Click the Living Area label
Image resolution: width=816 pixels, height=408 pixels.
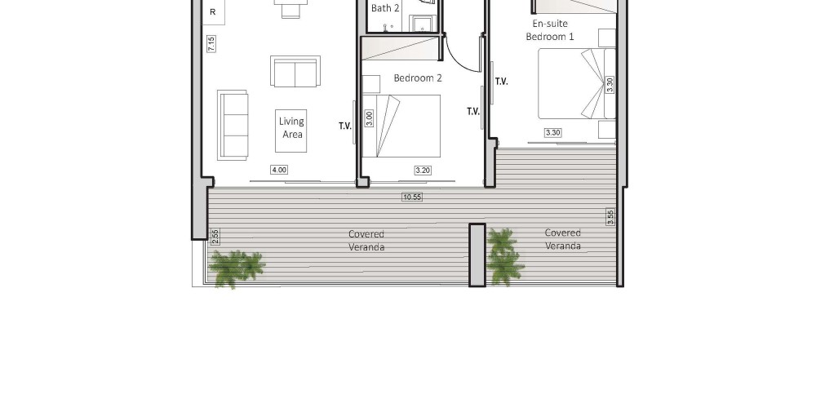click(291, 127)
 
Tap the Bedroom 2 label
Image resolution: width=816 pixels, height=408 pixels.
click(418, 78)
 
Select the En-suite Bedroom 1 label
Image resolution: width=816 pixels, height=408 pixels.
click(550, 30)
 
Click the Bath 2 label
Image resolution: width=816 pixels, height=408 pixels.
click(385, 8)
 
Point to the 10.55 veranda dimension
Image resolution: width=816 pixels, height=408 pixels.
click(411, 197)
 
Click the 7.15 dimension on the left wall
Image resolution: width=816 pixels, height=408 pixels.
click(211, 44)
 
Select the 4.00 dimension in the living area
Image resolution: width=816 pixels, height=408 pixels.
click(279, 170)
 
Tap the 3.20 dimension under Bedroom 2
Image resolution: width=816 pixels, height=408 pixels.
click(423, 170)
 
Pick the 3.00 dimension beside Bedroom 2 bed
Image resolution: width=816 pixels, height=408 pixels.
click(369, 118)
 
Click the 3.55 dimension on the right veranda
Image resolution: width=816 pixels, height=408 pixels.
click(610, 217)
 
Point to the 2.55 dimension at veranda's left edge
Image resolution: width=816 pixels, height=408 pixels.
click(215, 237)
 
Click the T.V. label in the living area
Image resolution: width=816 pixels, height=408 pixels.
click(345, 126)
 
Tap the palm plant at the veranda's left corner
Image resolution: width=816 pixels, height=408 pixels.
click(236, 268)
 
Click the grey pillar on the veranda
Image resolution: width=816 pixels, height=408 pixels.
click(477, 255)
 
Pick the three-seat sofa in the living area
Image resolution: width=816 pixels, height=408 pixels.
click(232, 125)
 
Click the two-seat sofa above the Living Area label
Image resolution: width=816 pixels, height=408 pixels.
click(295, 71)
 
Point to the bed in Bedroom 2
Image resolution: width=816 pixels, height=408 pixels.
click(401, 126)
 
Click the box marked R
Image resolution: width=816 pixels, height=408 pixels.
click(213, 12)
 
